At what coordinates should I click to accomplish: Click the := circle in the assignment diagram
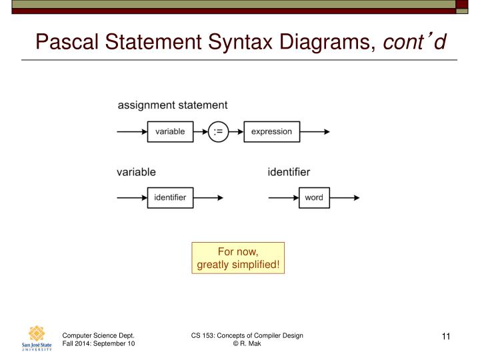coord(218,131)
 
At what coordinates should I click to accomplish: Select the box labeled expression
coord(271,131)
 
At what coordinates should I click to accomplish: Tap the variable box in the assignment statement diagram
coord(170,131)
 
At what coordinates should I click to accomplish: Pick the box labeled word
coord(313,197)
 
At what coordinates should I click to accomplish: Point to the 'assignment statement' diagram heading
coord(173,105)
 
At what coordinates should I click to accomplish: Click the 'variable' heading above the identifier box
coord(136,172)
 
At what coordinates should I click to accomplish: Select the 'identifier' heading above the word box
coord(289,172)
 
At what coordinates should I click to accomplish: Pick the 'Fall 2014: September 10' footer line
coord(99,343)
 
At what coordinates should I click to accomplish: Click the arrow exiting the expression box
coord(315,131)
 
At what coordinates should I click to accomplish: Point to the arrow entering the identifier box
coord(132,197)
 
